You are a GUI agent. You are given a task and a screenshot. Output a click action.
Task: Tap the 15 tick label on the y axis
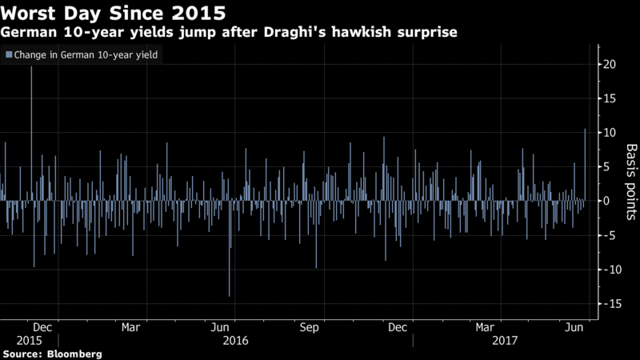(x=610, y=98)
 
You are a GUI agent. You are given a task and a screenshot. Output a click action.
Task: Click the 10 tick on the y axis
(x=610, y=133)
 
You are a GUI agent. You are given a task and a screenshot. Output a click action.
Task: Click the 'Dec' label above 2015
(x=44, y=327)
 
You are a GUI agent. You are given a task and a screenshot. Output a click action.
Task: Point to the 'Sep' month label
(x=310, y=327)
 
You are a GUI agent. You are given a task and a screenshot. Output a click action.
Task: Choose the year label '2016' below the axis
(x=237, y=340)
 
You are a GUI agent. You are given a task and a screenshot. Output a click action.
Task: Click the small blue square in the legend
(x=9, y=54)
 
